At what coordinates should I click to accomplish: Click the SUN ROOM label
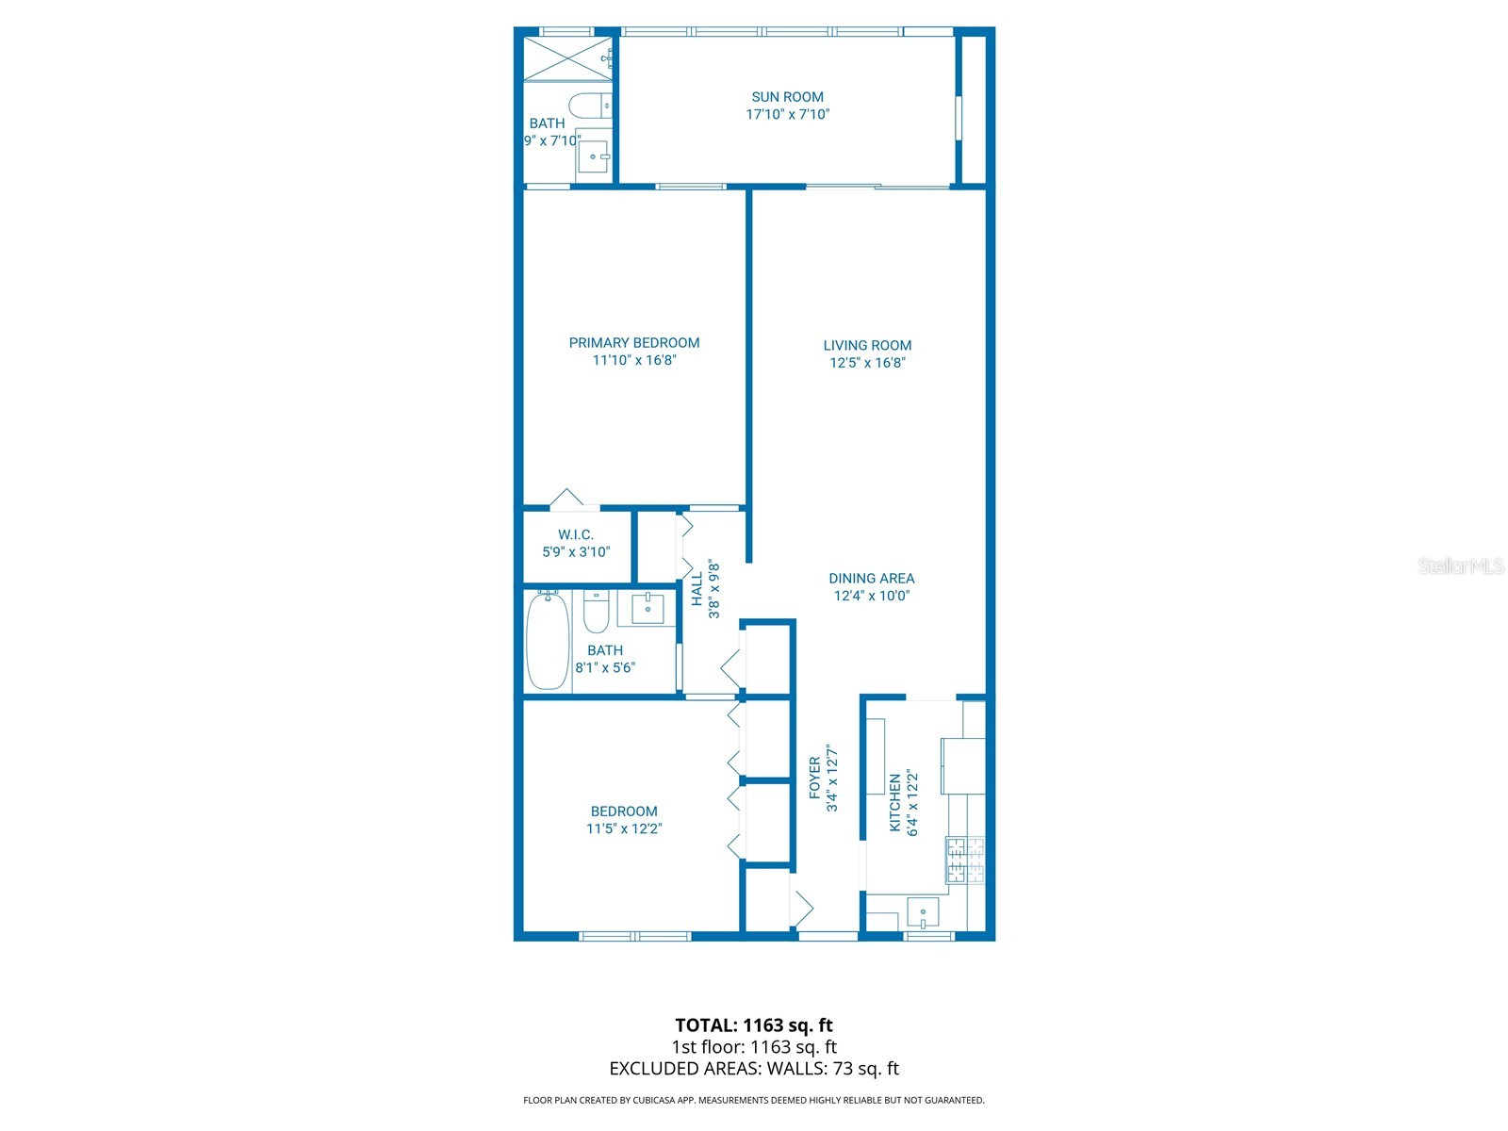pos(787,97)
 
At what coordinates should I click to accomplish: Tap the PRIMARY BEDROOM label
pos(634,343)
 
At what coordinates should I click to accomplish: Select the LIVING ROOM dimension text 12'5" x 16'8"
pos(867,363)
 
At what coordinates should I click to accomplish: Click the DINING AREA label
pos(871,579)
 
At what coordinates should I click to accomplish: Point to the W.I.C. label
pos(575,535)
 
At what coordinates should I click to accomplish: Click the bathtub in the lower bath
pos(547,642)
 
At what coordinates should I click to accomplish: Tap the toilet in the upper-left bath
pos(589,104)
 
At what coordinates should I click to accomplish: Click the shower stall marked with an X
pos(568,58)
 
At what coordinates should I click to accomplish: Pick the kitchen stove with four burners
pos(965,860)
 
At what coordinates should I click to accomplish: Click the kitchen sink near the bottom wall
pos(923,912)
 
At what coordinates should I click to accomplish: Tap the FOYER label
pos(815,778)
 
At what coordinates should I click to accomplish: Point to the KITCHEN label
pos(895,803)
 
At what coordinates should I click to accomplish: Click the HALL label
pos(697,589)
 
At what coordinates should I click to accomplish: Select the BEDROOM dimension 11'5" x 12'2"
pos(624,828)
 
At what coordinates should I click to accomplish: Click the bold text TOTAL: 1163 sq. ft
pos(753,1025)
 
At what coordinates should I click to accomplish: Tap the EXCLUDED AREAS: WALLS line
pos(753,1069)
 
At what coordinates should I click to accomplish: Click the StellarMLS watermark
pos(1461,565)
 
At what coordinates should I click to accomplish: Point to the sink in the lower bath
pos(647,609)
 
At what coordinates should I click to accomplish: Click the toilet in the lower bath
pos(595,613)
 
